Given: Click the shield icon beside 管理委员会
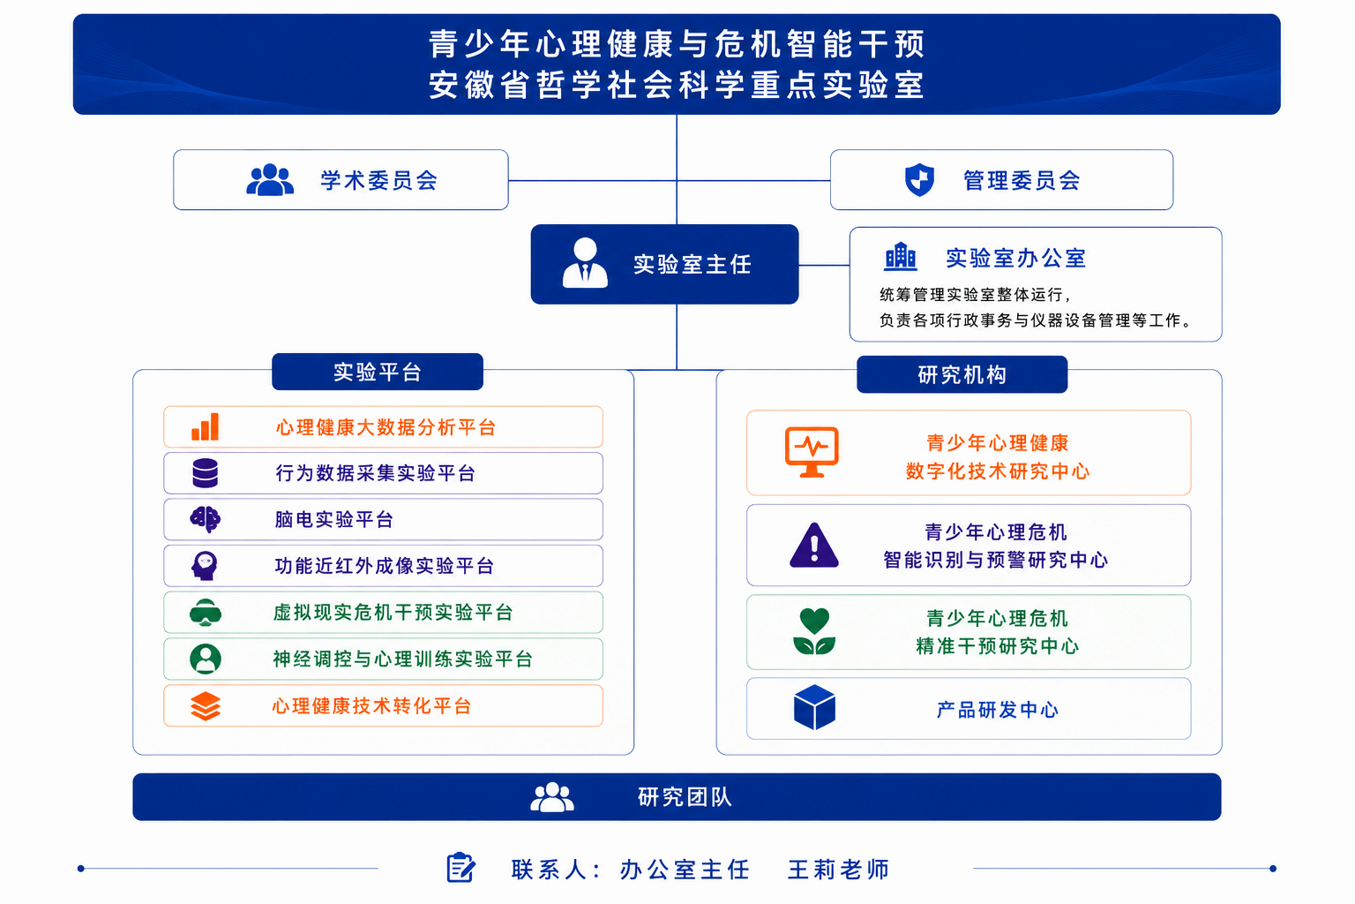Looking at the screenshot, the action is tap(919, 180).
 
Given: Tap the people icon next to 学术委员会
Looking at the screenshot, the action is tap(270, 180).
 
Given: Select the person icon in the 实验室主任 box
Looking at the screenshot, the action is tap(585, 263).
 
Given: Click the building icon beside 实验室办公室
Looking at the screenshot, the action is tap(901, 257).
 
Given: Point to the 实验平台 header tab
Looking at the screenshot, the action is tap(378, 372).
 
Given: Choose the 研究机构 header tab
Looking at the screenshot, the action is tap(962, 375).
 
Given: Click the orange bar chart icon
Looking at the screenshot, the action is tap(205, 427).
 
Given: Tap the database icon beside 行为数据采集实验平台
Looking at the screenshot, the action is tap(205, 473).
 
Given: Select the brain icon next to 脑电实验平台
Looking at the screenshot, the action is tap(205, 519).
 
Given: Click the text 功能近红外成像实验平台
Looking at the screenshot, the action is tap(384, 566).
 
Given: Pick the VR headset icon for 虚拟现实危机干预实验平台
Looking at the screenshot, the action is tap(205, 612).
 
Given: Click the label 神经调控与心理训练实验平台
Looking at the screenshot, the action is tap(402, 659).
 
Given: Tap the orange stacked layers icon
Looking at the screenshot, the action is tap(205, 706).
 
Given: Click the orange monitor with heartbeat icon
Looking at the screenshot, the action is tap(812, 452).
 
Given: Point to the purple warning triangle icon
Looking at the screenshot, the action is tap(814, 545).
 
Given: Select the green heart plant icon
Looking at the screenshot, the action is tap(814, 631).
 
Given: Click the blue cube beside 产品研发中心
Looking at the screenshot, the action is tap(814, 707).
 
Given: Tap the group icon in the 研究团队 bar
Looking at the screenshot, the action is tap(551, 797).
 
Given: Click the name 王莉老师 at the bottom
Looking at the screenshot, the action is tap(838, 870).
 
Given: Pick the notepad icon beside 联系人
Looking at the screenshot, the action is tap(461, 868).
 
